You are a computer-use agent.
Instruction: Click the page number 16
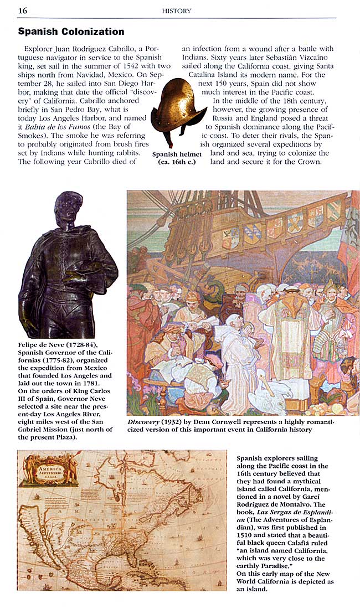tap(23, 10)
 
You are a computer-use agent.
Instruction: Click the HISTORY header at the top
tap(177, 11)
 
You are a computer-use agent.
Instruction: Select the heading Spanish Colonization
tap(71, 32)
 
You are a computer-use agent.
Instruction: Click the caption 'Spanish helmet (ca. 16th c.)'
tap(177, 158)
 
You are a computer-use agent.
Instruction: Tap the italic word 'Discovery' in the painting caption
tap(143, 422)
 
